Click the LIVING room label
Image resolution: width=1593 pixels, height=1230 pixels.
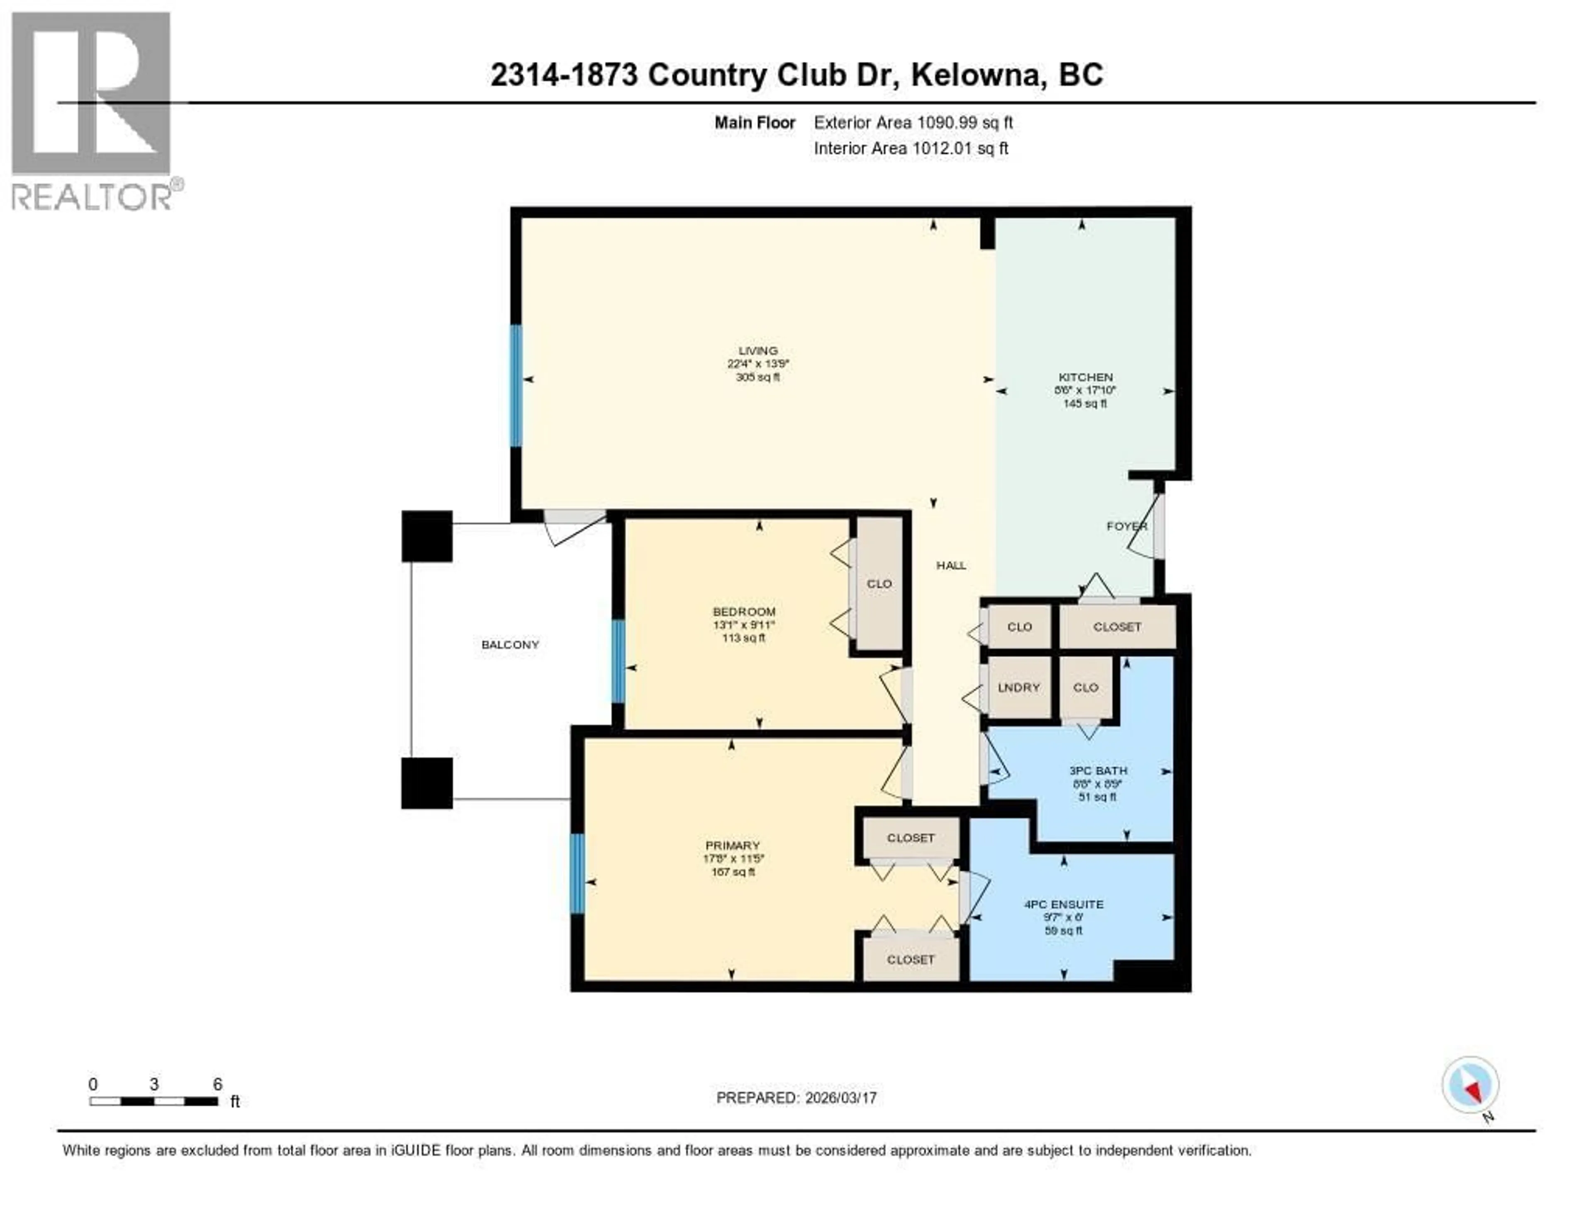[x=758, y=351]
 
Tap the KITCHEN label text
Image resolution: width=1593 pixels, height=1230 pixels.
[x=1085, y=377]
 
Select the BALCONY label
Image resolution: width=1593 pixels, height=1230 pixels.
[x=510, y=644]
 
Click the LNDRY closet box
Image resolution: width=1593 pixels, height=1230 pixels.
[x=1018, y=688]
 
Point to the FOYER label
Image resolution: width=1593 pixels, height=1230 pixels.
[x=1126, y=526]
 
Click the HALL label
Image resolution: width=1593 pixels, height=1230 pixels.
[x=951, y=565]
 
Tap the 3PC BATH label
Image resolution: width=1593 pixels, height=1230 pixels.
[x=1098, y=771]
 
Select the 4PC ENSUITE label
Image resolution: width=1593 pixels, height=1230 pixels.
[x=1064, y=904]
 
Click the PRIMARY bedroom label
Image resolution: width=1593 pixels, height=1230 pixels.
[x=732, y=845]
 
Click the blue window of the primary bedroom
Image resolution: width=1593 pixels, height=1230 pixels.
[x=577, y=873]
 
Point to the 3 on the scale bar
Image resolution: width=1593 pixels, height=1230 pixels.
[x=154, y=1084]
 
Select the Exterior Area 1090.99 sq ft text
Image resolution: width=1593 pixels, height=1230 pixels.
[x=913, y=122]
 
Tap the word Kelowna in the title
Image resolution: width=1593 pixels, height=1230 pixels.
[x=975, y=75]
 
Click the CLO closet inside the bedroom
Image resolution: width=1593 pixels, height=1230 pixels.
[x=879, y=584]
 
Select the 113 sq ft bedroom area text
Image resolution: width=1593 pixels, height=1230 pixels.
[x=743, y=638]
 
